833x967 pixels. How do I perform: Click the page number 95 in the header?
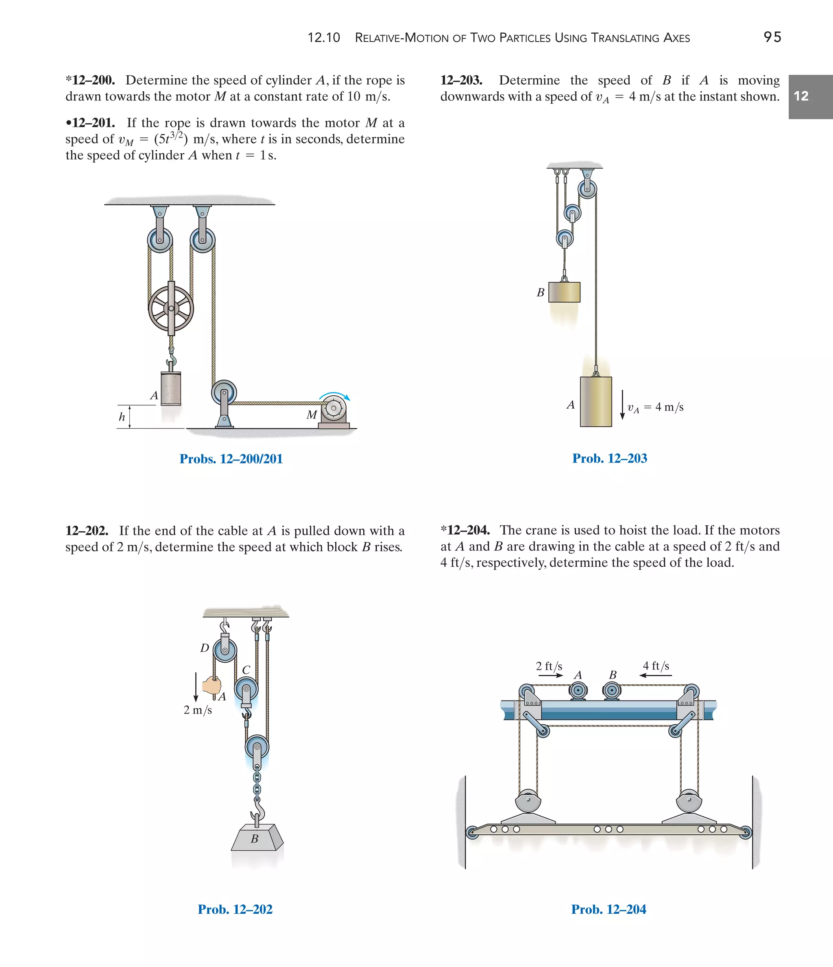pyautogui.click(x=772, y=37)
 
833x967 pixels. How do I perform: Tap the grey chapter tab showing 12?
pyautogui.click(x=810, y=96)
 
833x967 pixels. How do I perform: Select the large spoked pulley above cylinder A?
pyautogui.click(x=171, y=308)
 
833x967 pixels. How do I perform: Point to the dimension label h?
pyautogui.click(x=122, y=417)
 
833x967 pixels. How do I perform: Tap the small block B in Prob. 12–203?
pyautogui.click(x=564, y=292)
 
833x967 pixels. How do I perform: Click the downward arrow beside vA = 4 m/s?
pyautogui.click(x=622, y=405)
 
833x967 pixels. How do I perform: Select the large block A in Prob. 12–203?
pyautogui.click(x=596, y=402)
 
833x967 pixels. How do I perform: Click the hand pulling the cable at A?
pyautogui.click(x=212, y=685)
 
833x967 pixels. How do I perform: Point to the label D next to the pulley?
pyautogui.click(x=205, y=648)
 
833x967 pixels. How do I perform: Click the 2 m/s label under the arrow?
pyautogui.click(x=197, y=710)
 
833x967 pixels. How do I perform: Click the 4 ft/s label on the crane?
pyautogui.click(x=656, y=666)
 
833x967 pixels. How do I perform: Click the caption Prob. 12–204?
pyautogui.click(x=608, y=909)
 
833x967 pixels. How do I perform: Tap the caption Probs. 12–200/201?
pyautogui.click(x=231, y=459)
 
